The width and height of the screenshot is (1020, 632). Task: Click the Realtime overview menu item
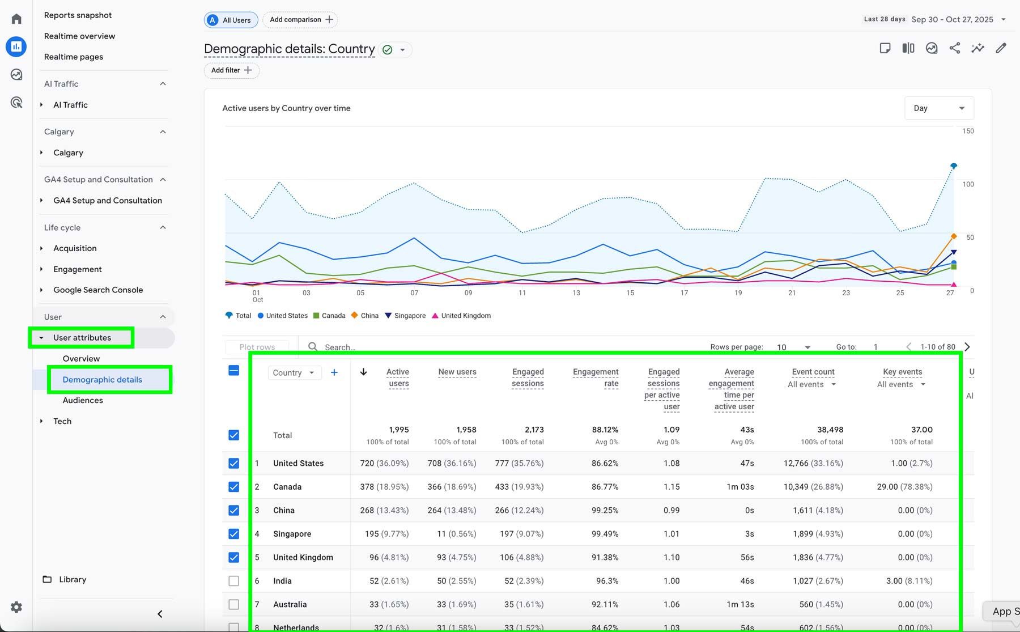click(x=79, y=36)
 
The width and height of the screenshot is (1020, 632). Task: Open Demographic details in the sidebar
click(x=103, y=380)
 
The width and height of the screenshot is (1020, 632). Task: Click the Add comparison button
click(x=301, y=20)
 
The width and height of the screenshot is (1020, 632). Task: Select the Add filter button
click(x=231, y=70)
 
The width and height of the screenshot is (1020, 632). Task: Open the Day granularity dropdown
click(x=939, y=108)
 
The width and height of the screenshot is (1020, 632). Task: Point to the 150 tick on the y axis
click(x=968, y=131)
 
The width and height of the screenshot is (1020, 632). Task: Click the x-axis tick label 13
click(x=576, y=293)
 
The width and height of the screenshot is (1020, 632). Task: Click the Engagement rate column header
click(x=596, y=377)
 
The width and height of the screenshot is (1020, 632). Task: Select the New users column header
click(x=457, y=372)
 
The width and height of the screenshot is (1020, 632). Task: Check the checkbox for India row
click(x=233, y=581)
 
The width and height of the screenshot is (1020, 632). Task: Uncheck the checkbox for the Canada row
click(x=233, y=487)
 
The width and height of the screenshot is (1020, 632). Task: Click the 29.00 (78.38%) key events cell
click(x=904, y=487)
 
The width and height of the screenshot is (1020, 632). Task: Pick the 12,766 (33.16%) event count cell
click(x=813, y=463)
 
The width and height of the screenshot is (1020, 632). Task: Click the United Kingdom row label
click(x=303, y=557)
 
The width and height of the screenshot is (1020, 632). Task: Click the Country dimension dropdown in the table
click(x=294, y=373)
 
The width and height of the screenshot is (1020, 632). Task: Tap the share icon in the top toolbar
click(x=955, y=48)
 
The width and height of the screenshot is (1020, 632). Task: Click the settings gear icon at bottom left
click(x=16, y=607)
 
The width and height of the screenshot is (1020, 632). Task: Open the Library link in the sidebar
click(x=73, y=579)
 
